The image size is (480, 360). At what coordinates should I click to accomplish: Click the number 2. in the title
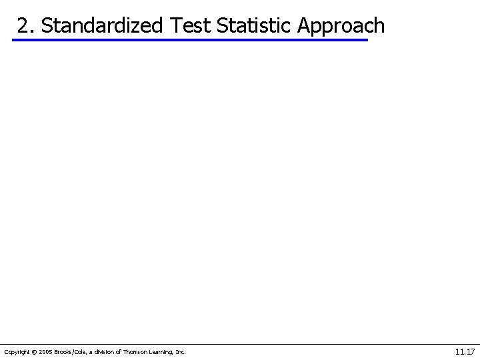coord(27,25)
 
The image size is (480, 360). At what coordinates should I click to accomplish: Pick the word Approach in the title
coord(341,27)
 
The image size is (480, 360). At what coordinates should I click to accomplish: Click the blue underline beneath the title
coord(190,41)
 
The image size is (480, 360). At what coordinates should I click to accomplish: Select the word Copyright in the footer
coord(16,351)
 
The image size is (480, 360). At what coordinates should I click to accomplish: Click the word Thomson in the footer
coord(133,351)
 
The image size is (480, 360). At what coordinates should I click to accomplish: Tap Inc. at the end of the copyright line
coord(181,351)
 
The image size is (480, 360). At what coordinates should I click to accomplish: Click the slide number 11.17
coord(465,351)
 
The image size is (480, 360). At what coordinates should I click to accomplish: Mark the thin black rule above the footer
coord(240,344)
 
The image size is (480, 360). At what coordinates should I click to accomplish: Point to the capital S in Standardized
coord(46,25)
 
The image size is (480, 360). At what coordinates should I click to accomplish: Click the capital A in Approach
coord(304,25)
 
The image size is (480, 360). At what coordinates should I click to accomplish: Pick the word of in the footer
coord(117,351)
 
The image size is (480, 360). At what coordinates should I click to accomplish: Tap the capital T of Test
coord(175,25)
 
